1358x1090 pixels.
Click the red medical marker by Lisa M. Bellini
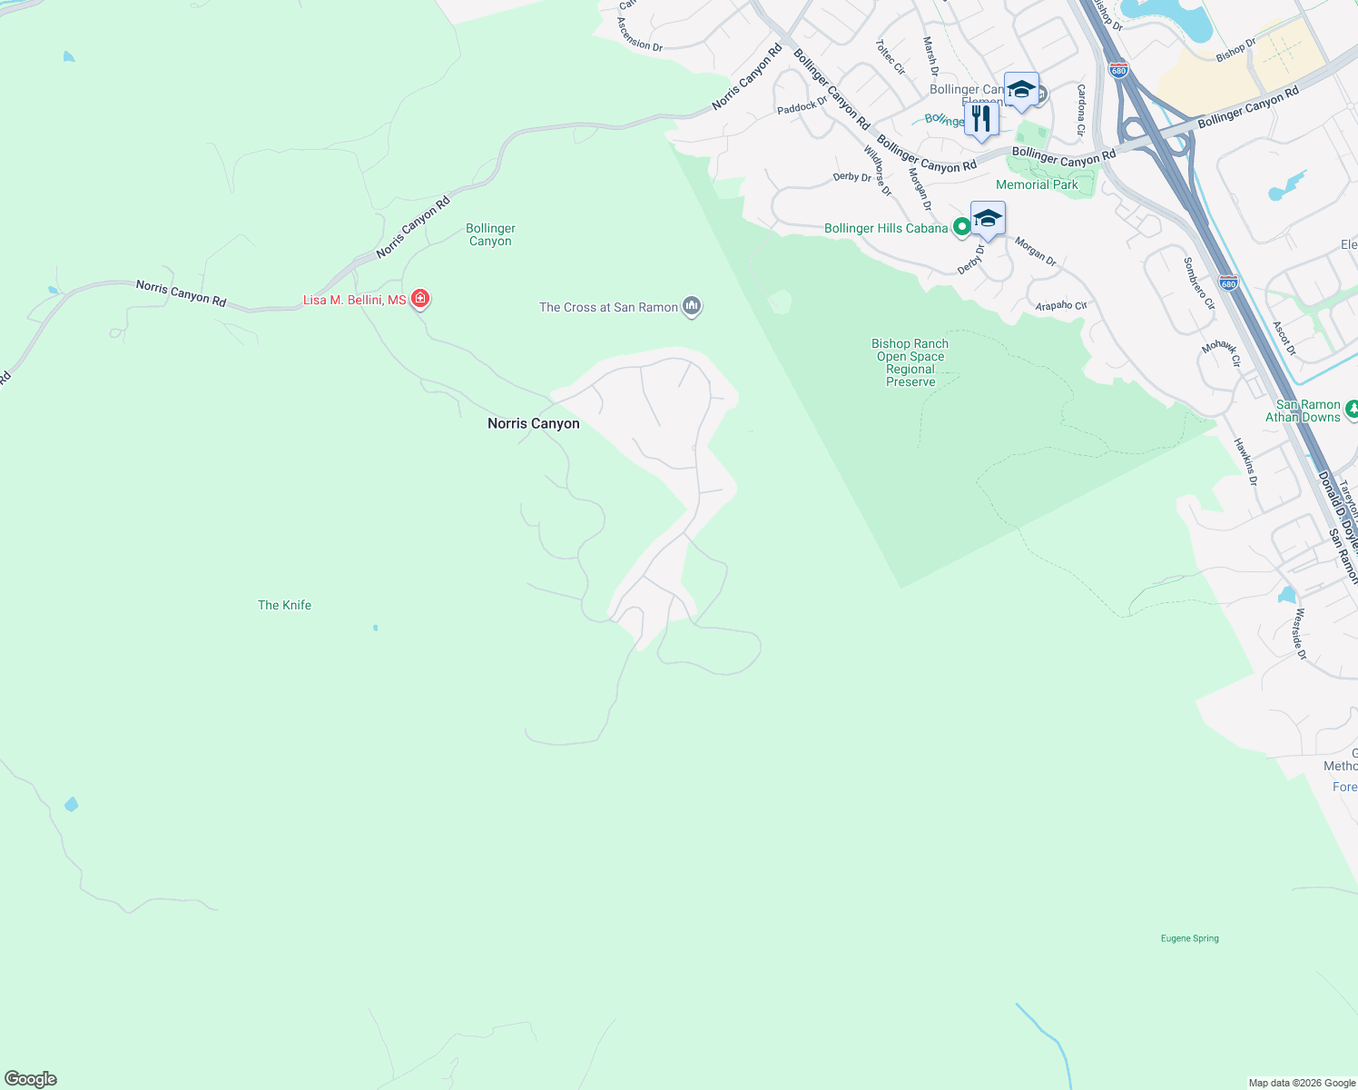pyautogui.click(x=419, y=298)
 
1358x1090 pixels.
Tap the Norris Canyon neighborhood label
pyautogui.click(x=533, y=423)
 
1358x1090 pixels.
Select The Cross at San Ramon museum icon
pyautogui.click(x=692, y=306)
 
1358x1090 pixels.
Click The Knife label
pyautogui.click(x=284, y=605)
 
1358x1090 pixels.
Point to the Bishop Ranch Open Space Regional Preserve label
pyautogui.click(x=910, y=362)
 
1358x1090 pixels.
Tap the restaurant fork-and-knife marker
pyautogui.click(x=980, y=119)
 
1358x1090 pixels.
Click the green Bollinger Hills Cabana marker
pyautogui.click(x=961, y=227)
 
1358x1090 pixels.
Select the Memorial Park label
pyautogui.click(x=1037, y=184)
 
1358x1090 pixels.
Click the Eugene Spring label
pyautogui.click(x=1189, y=938)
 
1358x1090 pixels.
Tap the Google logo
pyautogui.click(x=30, y=1079)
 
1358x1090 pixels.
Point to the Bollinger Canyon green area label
pyautogui.click(x=490, y=234)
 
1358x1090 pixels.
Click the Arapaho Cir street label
pyautogui.click(x=1060, y=306)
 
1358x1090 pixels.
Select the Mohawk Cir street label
pyautogui.click(x=1221, y=352)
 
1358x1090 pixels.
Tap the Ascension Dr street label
pyautogui.click(x=639, y=35)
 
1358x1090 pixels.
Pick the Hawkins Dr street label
pyautogui.click(x=1245, y=461)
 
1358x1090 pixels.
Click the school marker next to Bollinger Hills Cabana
pyautogui.click(x=987, y=219)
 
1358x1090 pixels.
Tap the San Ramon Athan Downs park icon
pyautogui.click(x=1352, y=409)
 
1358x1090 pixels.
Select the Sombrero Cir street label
pyautogui.click(x=1198, y=283)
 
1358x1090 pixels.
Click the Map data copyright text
pyautogui.click(x=1301, y=1083)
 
